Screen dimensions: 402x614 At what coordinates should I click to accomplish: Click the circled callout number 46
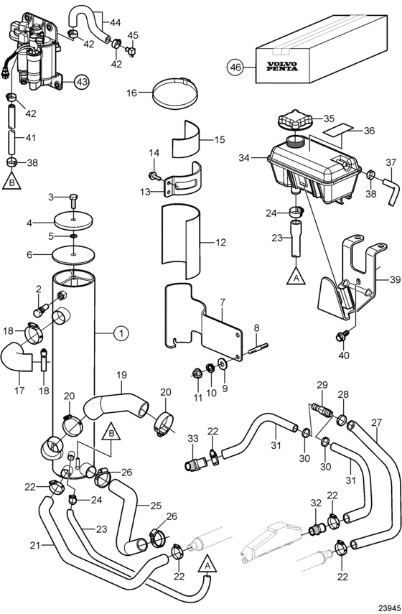235,68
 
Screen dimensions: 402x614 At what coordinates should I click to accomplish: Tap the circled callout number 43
82,82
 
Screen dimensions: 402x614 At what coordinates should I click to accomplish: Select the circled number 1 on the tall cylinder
121,333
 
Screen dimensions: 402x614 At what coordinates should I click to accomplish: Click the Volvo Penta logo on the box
282,67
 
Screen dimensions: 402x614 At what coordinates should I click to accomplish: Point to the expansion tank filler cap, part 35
295,119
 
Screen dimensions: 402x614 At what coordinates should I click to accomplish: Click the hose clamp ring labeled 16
175,93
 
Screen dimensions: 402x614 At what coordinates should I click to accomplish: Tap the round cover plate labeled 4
74,220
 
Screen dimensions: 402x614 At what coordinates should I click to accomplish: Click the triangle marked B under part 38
11,181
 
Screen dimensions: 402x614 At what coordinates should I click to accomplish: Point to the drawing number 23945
388,608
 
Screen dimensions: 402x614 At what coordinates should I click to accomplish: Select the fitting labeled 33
197,464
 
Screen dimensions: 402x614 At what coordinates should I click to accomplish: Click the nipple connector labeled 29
322,409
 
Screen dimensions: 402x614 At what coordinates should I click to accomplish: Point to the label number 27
376,423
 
